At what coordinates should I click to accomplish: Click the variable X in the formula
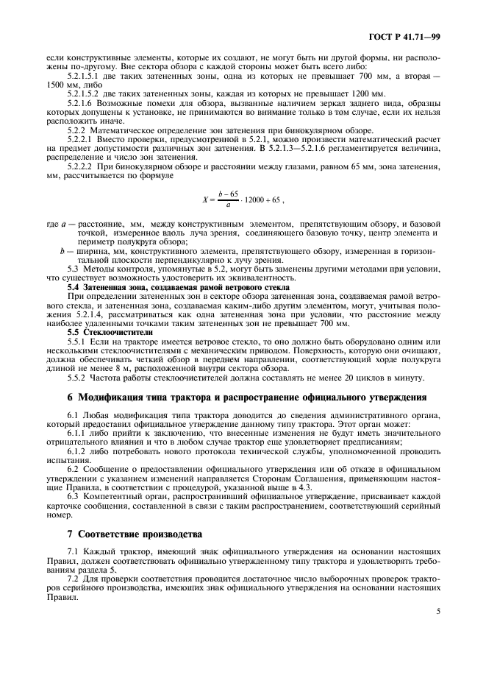[x=204, y=199]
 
